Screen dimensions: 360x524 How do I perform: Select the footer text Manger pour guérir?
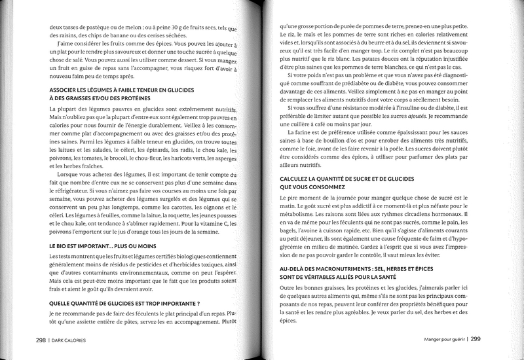pyautogui.click(x=436, y=339)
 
